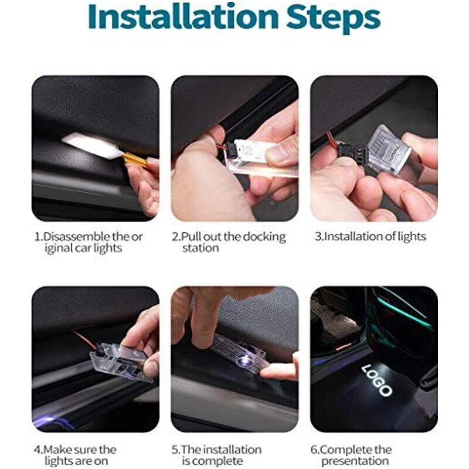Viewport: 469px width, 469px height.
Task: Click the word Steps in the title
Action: pos(333,19)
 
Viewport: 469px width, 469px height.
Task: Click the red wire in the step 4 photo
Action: pos(84,339)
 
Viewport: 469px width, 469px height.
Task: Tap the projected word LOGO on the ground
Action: pos(377,380)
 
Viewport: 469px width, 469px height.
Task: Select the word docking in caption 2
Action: pos(264,237)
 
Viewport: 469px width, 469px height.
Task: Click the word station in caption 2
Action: pos(200,248)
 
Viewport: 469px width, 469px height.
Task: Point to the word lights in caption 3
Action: pos(412,237)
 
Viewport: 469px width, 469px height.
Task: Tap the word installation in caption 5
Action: pos(232,450)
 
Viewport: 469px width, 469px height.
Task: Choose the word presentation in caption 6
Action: pos(355,461)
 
